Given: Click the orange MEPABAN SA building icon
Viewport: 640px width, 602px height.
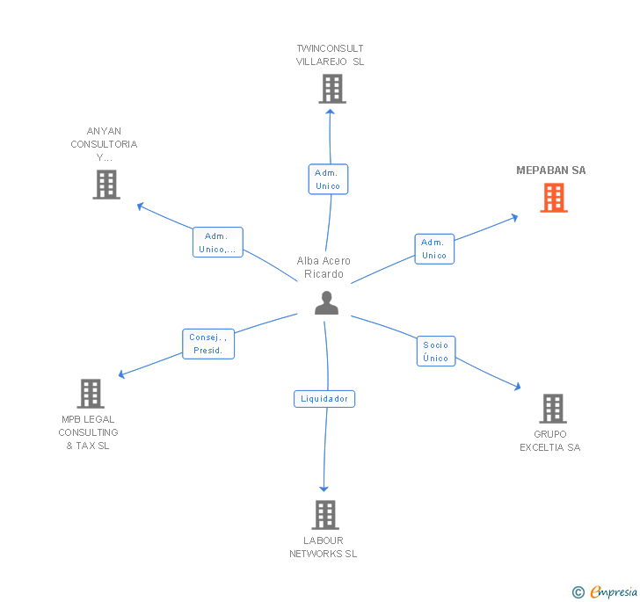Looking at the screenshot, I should (553, 198).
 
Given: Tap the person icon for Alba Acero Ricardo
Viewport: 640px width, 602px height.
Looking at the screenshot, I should (326, 302).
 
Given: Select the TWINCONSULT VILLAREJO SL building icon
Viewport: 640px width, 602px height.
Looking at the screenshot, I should (331, 89).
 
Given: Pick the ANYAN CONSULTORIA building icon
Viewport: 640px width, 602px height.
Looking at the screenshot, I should (105, 185).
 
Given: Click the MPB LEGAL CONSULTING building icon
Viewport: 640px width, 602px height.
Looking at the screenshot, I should (90, 394).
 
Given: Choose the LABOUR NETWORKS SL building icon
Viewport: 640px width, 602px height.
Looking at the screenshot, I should (324, 515).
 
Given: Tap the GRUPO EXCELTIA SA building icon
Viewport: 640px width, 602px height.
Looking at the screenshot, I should (552, 409).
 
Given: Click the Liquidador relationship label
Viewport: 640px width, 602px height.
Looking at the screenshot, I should (324, 399).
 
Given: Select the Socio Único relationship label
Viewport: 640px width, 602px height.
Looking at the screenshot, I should (435, 352).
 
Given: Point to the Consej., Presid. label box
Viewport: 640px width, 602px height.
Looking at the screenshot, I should (208, 344).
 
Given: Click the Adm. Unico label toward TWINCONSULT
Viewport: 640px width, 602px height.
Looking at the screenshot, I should (328, 179).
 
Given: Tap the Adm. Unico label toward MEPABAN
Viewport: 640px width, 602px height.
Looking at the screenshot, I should (433, 249).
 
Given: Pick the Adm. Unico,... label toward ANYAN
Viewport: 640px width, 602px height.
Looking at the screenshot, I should (217, 242).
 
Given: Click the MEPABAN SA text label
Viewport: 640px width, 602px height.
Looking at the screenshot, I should (551, 170).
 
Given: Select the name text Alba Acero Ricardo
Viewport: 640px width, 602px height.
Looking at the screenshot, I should (324, 267).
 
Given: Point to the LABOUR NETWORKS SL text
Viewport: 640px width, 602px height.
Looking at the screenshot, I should (324, 547).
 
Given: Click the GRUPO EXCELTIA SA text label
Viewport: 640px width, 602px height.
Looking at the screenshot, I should (550, 440).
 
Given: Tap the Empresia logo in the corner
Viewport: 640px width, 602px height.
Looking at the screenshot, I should (614, 591).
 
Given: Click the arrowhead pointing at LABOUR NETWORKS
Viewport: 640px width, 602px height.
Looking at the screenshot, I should (324, 488).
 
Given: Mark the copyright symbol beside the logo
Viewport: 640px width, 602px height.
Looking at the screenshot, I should (578, 592).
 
